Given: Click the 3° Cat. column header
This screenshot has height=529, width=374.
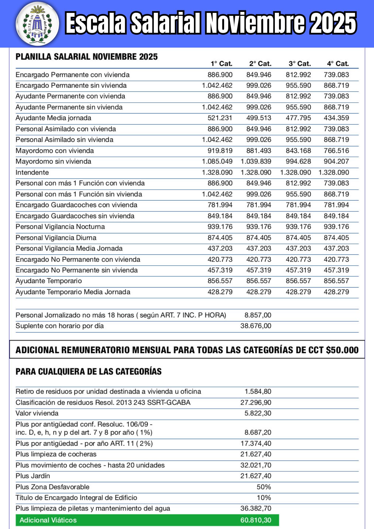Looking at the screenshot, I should pos(300,64).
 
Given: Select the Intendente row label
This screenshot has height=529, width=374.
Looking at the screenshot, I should pos(32,172).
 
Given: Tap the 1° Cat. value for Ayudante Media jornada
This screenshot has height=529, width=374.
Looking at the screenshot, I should pos(220,118).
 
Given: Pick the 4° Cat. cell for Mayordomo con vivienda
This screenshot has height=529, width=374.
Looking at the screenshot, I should pos(336,151).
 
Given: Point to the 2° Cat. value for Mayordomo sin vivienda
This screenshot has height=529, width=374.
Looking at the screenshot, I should pos(256,161).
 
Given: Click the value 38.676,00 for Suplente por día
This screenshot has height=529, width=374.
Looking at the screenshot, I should pos(256,326).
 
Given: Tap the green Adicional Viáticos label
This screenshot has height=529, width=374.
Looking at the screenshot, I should pos(48,520).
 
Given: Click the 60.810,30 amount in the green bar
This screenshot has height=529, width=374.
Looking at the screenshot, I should pos(256,520).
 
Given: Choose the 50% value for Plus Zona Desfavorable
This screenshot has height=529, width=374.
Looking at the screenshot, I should pos(264,487).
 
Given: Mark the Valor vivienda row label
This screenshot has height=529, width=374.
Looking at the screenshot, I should pos(37,413).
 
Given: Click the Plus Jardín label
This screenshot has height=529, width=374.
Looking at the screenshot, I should pos(33,476).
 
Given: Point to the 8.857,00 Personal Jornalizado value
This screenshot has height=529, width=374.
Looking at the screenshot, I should pos(258,315).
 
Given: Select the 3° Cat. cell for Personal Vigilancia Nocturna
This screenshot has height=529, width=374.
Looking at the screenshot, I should pos(298,227).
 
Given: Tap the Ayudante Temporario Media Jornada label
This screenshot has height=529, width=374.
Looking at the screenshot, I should pos(73,292).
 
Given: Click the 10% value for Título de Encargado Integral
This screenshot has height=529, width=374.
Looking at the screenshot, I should pos(264,498).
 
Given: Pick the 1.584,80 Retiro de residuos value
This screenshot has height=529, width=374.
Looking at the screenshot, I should pos(258,391).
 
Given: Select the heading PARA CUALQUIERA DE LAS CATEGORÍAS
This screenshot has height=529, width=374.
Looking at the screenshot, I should pos(89,372).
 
